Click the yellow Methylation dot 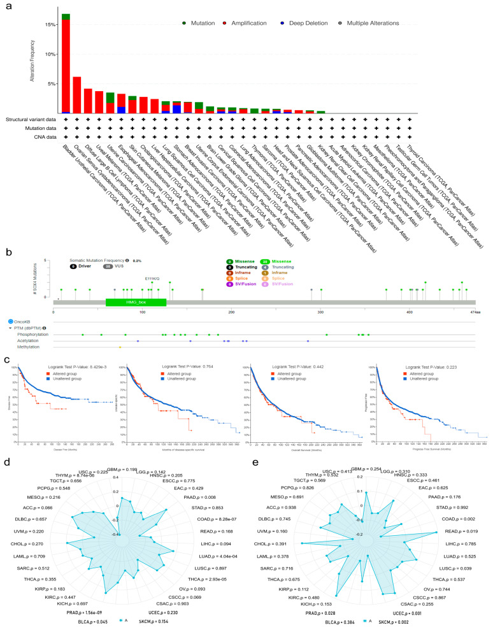[x=120, y=347]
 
